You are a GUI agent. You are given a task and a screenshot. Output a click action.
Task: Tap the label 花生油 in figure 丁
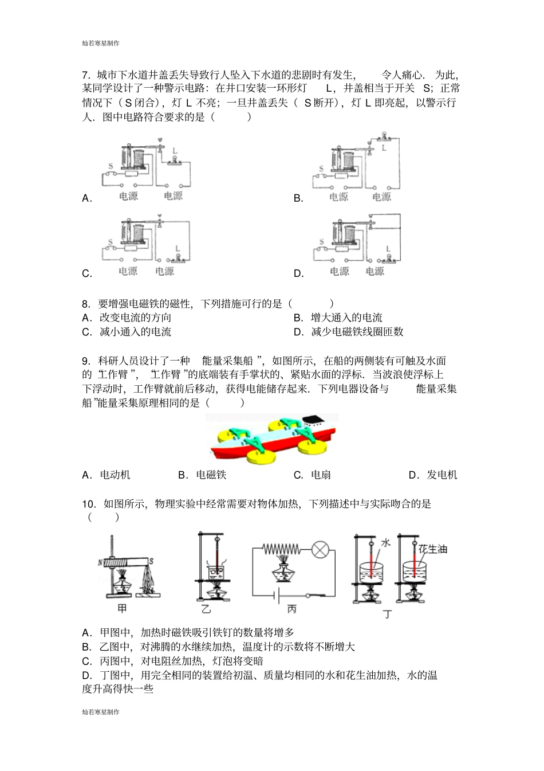[432, 549]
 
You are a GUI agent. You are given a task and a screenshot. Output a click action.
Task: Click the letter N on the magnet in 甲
[100, 562]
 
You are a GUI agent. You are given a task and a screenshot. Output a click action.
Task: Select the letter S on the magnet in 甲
[151, 561]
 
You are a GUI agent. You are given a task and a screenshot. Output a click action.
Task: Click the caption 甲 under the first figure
[121, 608]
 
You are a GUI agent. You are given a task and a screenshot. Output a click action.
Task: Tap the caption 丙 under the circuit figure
[292, 609]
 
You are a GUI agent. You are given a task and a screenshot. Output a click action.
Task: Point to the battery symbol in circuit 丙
[277, 596]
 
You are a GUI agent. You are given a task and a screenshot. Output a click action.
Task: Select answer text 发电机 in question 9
[441, 475]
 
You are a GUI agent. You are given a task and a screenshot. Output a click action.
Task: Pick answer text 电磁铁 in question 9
[211, 475]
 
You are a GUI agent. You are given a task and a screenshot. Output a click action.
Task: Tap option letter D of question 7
[298, 273]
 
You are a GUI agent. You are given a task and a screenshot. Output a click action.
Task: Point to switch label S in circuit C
[109, 242]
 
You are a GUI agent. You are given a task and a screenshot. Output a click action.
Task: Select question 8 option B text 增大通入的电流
[346, 318]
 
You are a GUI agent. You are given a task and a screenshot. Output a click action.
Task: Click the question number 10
[88, 504]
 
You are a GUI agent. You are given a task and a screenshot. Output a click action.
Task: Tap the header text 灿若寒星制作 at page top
[101, 43]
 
